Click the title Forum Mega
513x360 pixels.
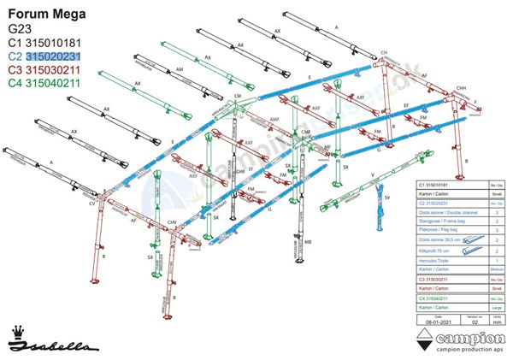[41, 13]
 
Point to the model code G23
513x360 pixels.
[20, 29]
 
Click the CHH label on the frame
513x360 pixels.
[461, 89]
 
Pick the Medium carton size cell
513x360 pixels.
[496, 269]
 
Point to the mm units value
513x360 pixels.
[497, 322]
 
